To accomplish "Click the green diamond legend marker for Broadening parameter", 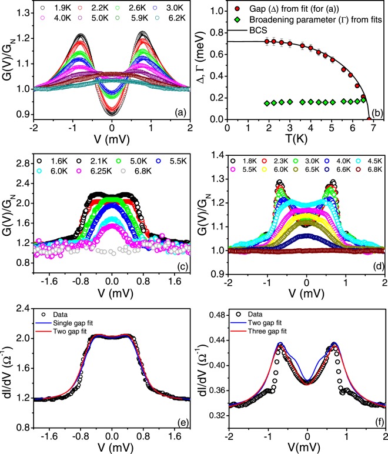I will pos(238,20).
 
